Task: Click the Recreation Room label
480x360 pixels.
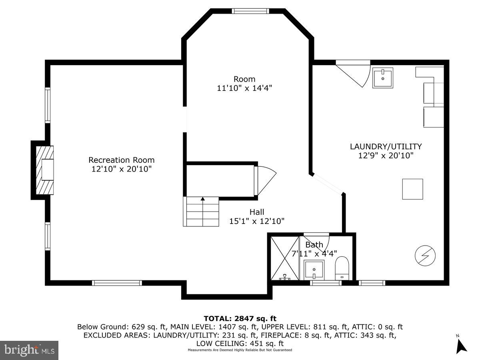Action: [121, 160]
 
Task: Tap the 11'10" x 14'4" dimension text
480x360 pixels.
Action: [244, 88]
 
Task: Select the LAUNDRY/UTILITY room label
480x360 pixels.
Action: [386, 146]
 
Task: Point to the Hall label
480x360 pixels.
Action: [257, 212]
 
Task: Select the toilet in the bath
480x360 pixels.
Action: [342, 268]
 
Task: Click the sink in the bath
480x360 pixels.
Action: [314, 270]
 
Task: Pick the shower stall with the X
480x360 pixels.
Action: [285, 258]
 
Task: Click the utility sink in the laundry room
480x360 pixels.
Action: [383, 78]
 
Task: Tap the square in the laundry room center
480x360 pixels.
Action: [412, 189]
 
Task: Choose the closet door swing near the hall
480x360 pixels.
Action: [264, 180]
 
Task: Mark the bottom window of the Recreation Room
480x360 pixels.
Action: [117, 283]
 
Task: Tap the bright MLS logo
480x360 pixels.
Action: [29, 350]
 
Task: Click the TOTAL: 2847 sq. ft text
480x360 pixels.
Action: [240, 318]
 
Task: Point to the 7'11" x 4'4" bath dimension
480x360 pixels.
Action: [314, 253]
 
